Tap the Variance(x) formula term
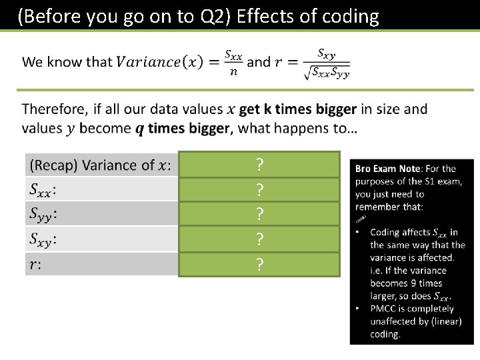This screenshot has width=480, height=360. click(157, 62)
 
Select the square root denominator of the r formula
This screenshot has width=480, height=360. click(326, 73)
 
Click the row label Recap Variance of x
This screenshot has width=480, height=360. click(100, 165)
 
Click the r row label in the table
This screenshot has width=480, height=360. click(34, 264)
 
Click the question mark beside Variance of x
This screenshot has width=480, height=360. click(259, 165)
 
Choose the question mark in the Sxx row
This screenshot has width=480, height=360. click(259, 190)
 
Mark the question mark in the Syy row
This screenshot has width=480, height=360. click(259, 215)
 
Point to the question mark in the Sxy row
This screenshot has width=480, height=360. click(259, 239)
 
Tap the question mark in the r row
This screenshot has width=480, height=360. click(259, 265)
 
